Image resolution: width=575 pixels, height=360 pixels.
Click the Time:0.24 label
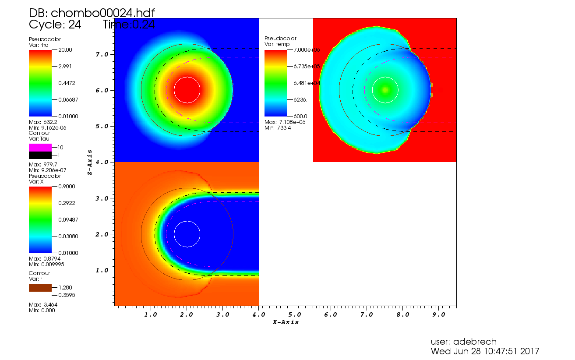click(x=129, y=25)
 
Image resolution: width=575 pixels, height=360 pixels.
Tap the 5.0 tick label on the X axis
click(x=295, y=314)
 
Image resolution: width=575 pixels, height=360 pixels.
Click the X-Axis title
click(x=286, y=322)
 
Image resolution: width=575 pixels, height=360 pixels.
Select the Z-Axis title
click(x=90, y=162)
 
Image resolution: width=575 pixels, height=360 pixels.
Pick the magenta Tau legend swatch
click(x=40, y=147)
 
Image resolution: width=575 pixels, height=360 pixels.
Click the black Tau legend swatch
click(x=40, y=155)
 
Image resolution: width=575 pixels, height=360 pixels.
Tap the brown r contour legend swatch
click(x=40, y=287)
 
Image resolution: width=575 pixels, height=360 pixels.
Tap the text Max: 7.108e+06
click(x=285, y=122)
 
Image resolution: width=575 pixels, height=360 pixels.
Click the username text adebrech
click(x=464, y=342)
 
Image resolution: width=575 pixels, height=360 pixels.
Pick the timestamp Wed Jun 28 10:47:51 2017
click(x=485, y=351)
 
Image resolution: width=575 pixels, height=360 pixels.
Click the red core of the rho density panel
click(x=187, y=90)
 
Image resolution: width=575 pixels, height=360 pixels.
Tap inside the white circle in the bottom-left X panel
click(x=187, y=234)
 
